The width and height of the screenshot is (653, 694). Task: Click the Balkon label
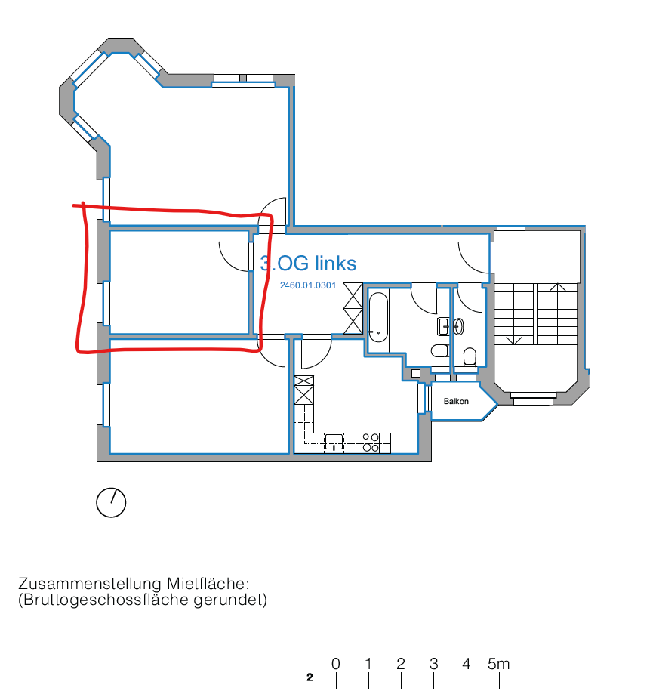pos(456,402)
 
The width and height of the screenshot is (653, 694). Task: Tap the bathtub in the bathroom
pos(378,317)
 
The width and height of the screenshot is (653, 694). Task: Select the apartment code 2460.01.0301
pos(308,285)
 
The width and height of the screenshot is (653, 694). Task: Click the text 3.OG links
pos(308,264)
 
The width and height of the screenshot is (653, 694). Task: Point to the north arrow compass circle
pos(111,502)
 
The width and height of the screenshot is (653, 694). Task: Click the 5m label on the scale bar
pos(498,664)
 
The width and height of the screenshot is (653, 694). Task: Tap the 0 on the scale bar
pos(336,664)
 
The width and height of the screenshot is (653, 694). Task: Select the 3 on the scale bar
pos(433,664)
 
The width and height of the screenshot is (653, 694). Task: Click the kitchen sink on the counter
pos(334,442)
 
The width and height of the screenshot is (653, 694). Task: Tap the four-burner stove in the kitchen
pos(371,443)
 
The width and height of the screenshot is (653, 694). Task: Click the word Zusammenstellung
pos(90,584)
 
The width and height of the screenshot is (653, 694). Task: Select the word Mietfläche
pos(208,584)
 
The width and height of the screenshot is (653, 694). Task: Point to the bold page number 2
pos(310,677)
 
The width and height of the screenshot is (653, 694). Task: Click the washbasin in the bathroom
pos(443,327)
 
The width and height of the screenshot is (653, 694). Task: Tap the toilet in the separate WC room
pos(470,356)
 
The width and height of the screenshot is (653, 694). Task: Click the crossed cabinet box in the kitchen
pos(304,390)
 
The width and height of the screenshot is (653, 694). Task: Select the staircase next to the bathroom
pos(536,314)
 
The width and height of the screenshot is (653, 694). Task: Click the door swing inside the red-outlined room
pos(234,257)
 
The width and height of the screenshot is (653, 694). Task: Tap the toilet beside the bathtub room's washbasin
pos(440,350)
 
